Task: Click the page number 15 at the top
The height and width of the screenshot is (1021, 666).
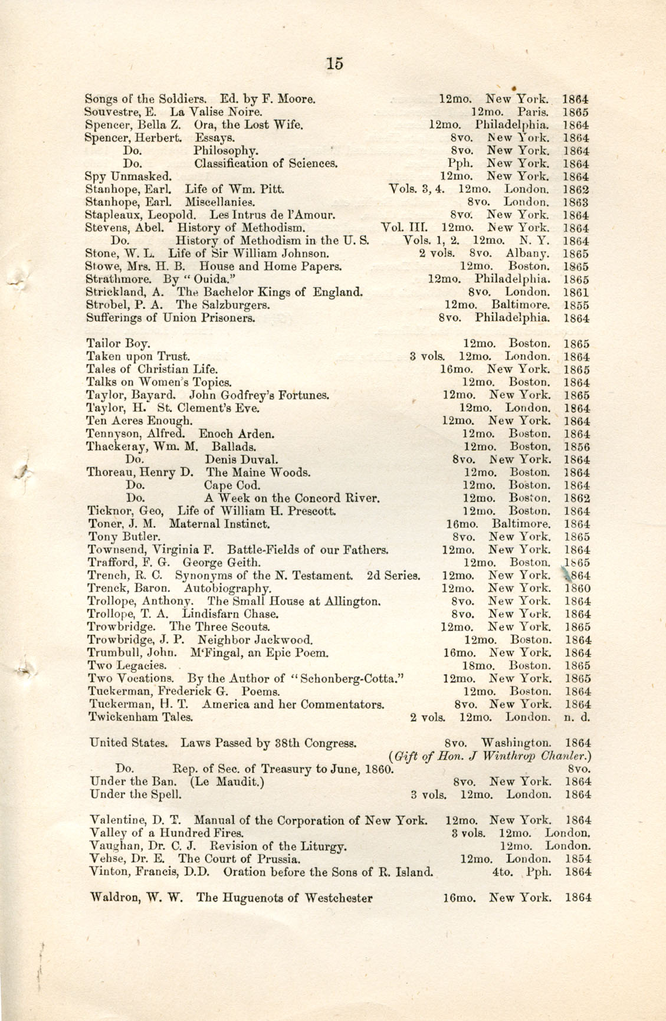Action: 334,63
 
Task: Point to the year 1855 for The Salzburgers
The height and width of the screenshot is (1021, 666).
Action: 576,306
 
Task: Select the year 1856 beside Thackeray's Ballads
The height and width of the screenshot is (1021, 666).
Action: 577,447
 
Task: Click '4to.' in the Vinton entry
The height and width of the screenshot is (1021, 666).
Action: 503,871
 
